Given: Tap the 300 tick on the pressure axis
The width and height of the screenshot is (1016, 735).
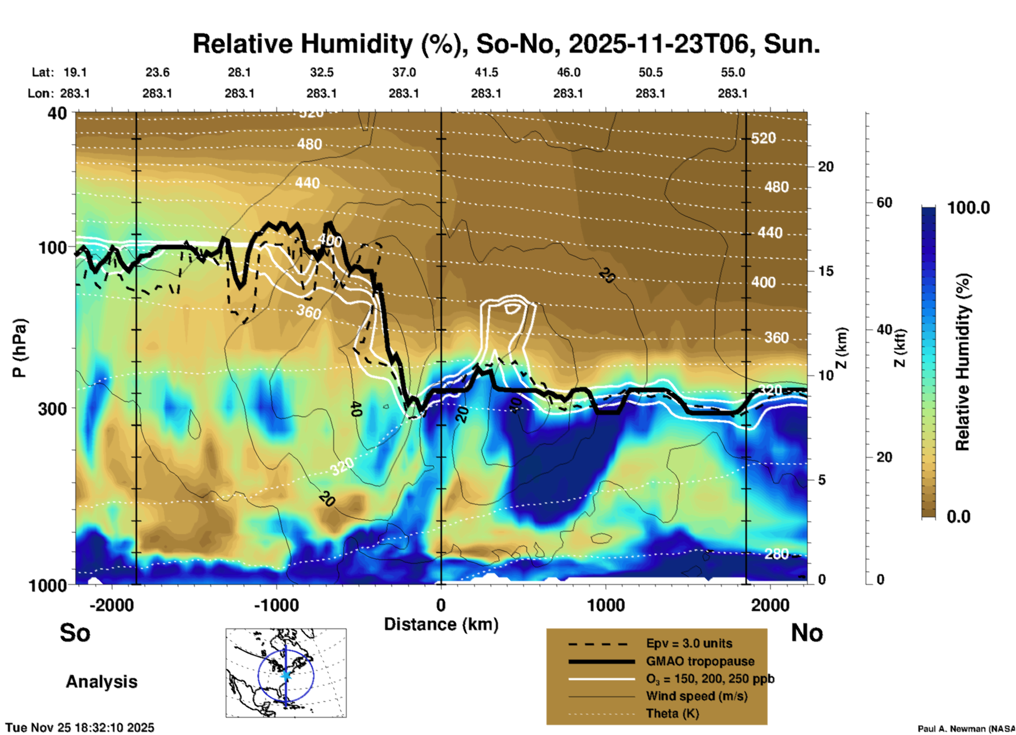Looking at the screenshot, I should (x=53, y=409).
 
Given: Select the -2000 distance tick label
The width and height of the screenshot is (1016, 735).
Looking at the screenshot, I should (x=112, y=605).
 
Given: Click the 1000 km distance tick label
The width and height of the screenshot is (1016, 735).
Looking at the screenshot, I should (x=606, y=605).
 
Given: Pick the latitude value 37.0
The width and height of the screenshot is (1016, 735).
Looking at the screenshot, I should (x=404, y=72).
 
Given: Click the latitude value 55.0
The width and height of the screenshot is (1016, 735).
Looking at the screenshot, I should (x=733, y=72).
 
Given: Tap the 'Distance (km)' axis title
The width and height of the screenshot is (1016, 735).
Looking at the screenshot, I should (x=441, y=624).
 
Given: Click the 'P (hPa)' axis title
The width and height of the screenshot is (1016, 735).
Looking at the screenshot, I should (x=20, y=348).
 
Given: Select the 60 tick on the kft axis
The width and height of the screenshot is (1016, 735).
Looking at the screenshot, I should (x=884, y=202).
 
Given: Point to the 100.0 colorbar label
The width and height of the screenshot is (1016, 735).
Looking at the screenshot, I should (x=969, y=208).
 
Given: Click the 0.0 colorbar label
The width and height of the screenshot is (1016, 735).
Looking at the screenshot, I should (x=959, y=517).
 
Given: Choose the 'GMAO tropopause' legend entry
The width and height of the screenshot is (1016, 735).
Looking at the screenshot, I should (x=700, y=661).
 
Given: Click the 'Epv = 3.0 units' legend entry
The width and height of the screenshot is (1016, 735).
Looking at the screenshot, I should (x=689, y=644).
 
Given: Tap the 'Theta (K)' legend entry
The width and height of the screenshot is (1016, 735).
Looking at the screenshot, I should (x=672, y=714).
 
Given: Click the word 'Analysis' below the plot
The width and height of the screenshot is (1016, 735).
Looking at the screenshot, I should (x=101, y=682).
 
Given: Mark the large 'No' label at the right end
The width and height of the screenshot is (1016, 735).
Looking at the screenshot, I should (x=807, y=633).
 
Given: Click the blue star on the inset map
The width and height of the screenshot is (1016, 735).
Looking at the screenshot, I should (x=286, y=675).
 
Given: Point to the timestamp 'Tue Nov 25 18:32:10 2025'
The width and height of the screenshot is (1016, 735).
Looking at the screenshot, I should (x=80, y=728).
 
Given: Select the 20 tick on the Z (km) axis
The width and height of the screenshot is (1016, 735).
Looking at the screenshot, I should (x=826, y=167).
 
